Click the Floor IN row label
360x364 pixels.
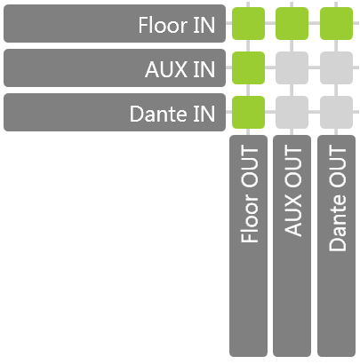click(115, 23)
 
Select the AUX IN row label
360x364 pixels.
click(115, 67)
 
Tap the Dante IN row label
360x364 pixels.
click(115, 112)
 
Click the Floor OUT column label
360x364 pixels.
click(248, 246)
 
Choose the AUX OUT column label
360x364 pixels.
click(292, 246)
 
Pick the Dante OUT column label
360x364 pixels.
click(336, 246)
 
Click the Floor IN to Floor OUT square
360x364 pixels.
click(248, 23)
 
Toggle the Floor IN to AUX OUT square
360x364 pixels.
click(292, 23)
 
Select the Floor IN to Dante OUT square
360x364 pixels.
click(336, 23)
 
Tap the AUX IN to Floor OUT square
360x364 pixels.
click(248, 67)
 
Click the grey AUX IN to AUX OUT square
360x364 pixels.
click(292, 67)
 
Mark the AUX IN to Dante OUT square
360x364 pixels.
click(336, 67)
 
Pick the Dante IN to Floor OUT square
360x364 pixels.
click(248, 112)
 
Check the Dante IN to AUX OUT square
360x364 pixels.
click(292, 112)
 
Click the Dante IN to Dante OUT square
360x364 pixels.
click(336, 112)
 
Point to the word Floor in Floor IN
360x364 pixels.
click(163, 25)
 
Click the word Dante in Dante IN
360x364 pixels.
click(158, 114)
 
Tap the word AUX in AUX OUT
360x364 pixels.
click(292, 215)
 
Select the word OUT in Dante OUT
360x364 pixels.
click(337, 167)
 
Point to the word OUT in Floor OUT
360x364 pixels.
click(249, 167)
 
